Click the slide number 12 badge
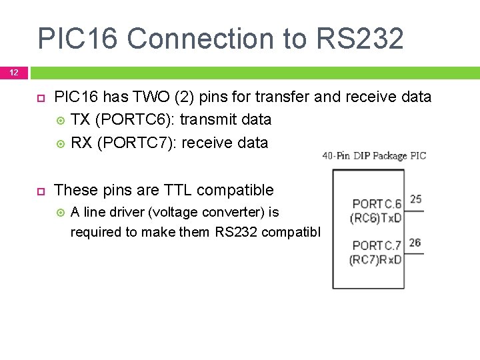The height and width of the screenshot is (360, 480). [14, 72]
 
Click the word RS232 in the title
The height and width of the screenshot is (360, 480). [360, 39]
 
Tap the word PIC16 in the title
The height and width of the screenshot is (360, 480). [78, 39]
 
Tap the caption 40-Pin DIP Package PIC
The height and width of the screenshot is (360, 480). [374, 156]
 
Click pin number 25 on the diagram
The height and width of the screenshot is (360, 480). [415, 199]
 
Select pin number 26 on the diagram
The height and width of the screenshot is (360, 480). [415, 243]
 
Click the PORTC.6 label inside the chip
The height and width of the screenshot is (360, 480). [377, 204]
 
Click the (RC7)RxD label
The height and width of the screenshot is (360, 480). [375, 260]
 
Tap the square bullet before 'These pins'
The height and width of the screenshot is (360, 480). [40, 191]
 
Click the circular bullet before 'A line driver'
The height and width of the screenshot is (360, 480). [61, 213]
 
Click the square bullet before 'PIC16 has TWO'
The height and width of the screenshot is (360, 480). [40, 97]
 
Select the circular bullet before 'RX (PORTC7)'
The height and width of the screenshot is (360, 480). [61, 143]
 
